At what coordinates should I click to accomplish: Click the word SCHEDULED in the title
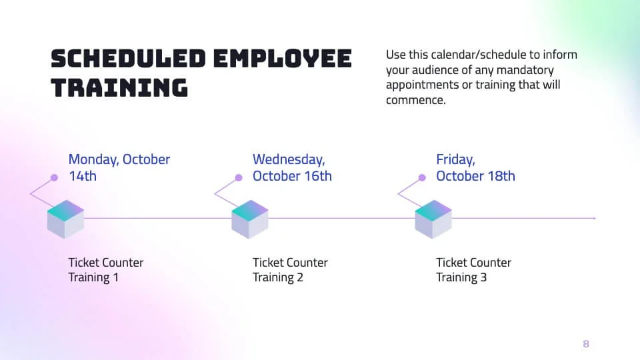[127, 59]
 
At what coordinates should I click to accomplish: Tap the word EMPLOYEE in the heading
[282, 59]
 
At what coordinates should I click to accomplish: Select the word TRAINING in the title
[119, 88]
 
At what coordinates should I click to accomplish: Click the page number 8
[586, 344]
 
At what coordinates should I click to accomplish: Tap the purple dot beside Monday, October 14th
[54, 178]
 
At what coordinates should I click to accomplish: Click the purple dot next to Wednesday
[238, 178]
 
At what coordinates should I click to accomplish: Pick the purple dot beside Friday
[422, 178]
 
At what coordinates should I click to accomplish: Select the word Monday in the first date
[93, 160]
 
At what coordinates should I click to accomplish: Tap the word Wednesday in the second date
[288, 160]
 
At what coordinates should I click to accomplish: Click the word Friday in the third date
[455, 160]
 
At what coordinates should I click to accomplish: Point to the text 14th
[83, 177]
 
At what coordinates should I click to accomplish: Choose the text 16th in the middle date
[317, 177]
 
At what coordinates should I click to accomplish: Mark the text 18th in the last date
[501, 177]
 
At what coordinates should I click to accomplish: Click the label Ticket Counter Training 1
[105, 270]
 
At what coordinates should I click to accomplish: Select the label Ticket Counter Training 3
[473, 270]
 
